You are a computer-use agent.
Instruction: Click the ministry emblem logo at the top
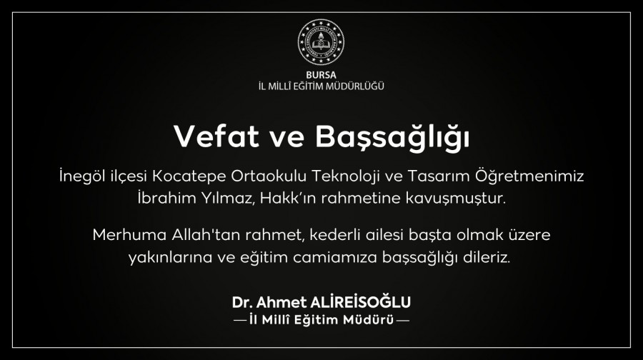point(321,42)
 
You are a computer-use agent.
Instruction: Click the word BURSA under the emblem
point(321,75)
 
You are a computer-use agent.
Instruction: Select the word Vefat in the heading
point(216,136)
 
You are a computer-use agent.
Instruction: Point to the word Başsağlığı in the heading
point(392,137)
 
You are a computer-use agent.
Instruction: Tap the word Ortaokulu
point(269,176)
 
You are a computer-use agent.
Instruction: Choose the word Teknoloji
point(345,176)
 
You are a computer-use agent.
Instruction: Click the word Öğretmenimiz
point(530,176)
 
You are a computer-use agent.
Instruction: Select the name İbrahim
point(166,198)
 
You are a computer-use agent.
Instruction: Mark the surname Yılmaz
point(229,199)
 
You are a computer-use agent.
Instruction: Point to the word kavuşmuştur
point(455,199)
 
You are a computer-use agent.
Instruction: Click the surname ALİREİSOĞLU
point(361,301)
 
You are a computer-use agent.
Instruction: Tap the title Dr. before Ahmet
point(242,303)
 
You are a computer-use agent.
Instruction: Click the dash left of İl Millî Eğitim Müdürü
point(240,320)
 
